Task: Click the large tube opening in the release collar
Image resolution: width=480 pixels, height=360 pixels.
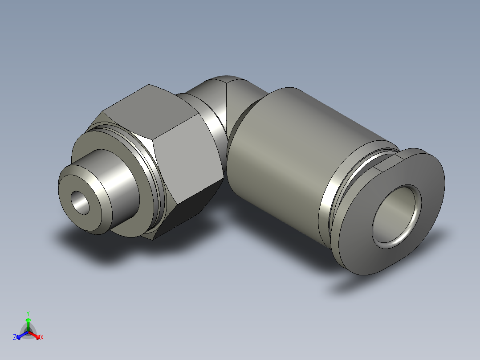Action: click(x=396, y=216)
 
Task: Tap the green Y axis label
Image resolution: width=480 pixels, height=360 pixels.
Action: click(x=28, y=313)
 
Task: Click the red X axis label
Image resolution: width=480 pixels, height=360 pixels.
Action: click(x=42, y=337)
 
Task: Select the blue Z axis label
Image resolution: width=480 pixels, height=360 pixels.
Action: click(x=15, y=337)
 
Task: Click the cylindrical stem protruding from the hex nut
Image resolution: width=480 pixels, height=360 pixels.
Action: click(x=116, y=178)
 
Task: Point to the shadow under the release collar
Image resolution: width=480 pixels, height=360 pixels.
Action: click(x=356, y=285)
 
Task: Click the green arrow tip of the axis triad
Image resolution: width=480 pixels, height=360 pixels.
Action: click(x=28, y=320)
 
